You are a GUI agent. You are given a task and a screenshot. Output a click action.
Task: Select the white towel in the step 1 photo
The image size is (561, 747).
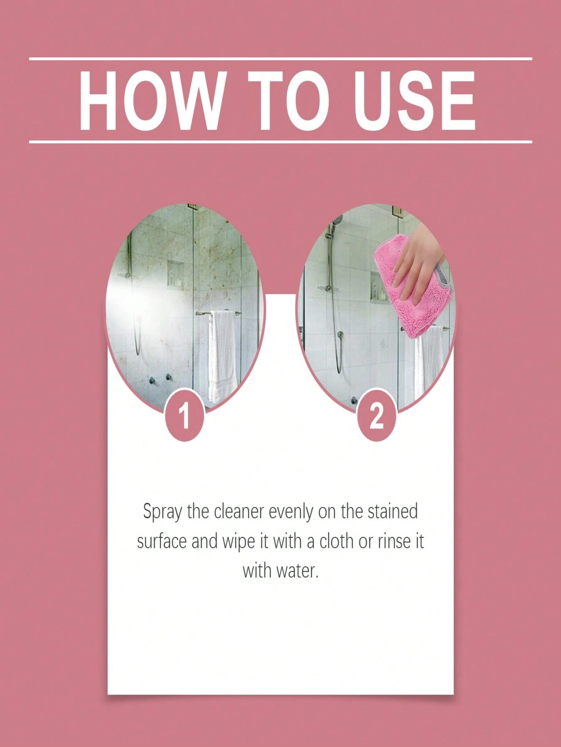[223, 356]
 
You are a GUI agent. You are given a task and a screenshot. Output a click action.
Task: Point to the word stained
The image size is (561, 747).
[392, 511]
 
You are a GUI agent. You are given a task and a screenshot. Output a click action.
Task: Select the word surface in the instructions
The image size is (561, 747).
[162, 541]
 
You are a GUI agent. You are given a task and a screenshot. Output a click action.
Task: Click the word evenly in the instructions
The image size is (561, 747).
[291, 512]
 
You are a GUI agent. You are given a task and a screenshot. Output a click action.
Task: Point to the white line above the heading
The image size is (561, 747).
[280, 59]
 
